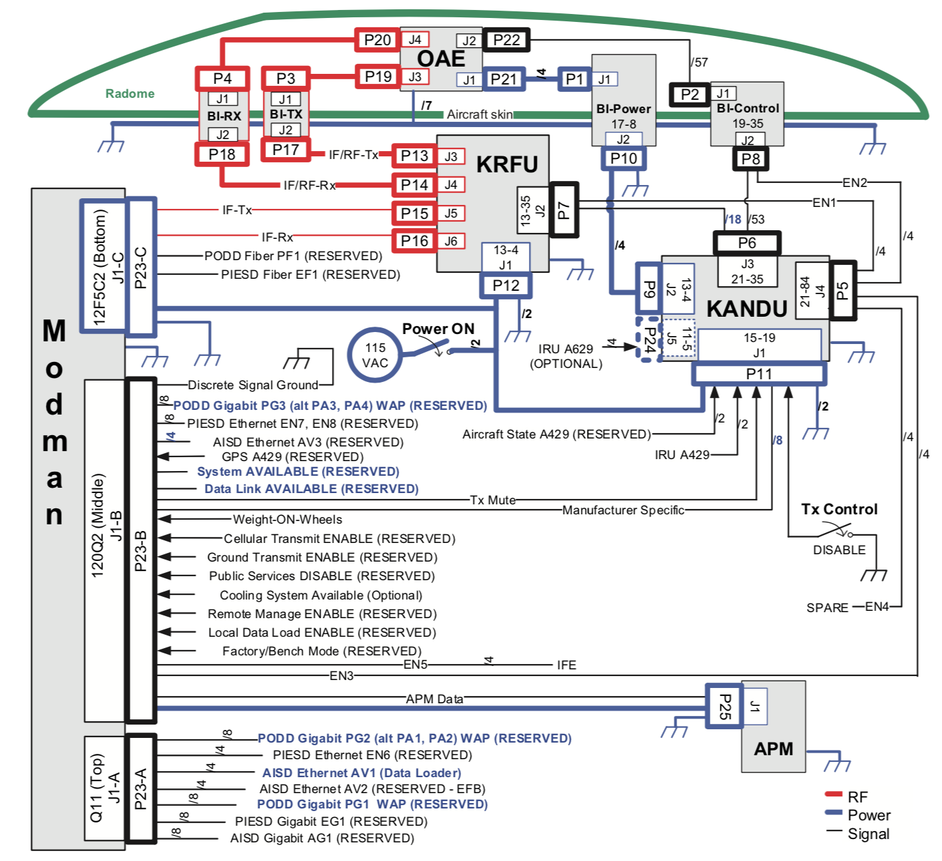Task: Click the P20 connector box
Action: point(377,40)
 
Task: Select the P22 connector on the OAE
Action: point(506,40)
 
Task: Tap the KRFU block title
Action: point(507,164)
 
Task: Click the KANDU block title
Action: point(746,309)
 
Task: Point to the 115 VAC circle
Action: point(375,355)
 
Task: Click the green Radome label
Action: point(130,94)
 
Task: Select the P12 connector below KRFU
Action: point(506,285)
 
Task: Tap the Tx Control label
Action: point(839,510)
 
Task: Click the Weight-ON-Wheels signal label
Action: point(287,520)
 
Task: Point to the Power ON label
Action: point(438,329)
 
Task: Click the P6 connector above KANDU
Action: point(746,243)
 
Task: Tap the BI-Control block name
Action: point(748,108)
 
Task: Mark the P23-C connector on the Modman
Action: point(141,267)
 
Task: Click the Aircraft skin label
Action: point(479,114)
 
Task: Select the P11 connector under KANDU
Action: point(759,374)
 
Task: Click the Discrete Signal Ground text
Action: point(253,385)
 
